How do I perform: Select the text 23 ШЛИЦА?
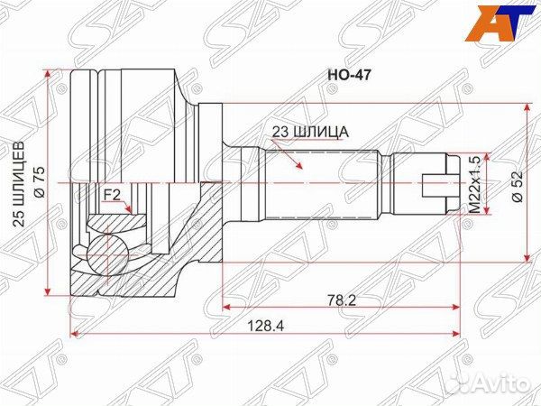point(310,132)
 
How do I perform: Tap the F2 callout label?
point(112,194)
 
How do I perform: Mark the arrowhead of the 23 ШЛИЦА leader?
point(300,169)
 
